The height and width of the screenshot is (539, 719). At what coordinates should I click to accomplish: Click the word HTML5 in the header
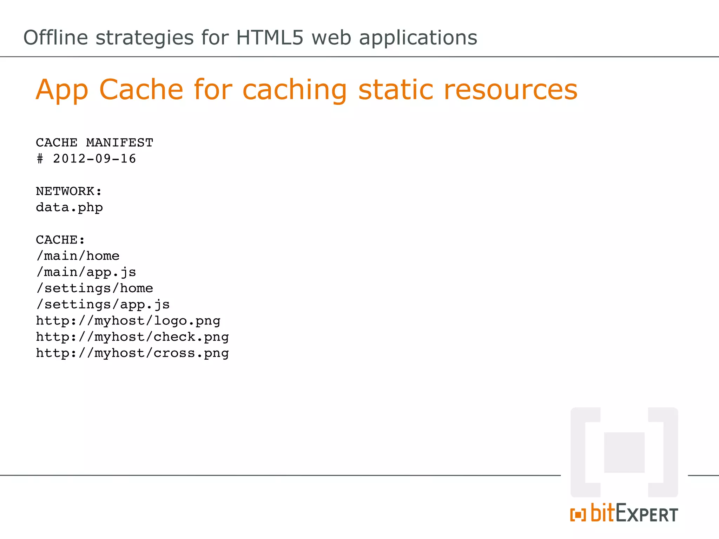pos(269,38)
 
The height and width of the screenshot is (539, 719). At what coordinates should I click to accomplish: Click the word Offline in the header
pos(55,38)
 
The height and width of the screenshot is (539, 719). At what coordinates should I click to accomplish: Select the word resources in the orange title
pos(510,89)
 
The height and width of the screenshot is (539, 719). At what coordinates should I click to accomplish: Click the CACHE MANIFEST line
pos(94,143)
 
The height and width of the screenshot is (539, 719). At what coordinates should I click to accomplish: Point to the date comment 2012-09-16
pos(94,159)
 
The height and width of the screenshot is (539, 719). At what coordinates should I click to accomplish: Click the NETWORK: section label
pos(69,191)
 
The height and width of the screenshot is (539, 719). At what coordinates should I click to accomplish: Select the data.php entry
pos(69,208)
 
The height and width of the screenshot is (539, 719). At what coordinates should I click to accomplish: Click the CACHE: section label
pos(60,240)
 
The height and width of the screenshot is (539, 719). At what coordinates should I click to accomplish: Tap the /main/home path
pos(78,256)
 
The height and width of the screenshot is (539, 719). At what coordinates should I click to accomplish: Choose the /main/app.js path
pos(86,272)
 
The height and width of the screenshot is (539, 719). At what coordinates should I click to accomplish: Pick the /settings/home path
pos(94,288)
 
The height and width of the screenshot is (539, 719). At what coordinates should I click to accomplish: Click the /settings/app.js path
pos(103,305)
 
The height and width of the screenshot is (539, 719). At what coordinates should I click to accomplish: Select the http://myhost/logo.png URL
pos(128,321)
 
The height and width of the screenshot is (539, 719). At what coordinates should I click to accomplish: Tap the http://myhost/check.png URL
pos(132,337)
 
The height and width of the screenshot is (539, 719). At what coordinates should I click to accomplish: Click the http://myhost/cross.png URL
pos(132,353)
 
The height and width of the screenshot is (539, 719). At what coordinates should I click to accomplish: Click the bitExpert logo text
pos(634,514)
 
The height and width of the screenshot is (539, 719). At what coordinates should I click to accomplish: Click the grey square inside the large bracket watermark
pos(624,452)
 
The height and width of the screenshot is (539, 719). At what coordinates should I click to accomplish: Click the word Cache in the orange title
pos(141,89)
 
